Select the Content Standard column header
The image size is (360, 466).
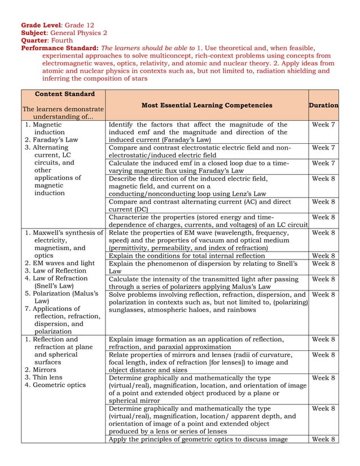pyautogui.click(x=62, y=94)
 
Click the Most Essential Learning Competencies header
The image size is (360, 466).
pyautogui.click(x=207, y=105)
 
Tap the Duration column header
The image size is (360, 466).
pyautogui.click(x=323, y=105)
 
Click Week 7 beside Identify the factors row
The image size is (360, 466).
pyautogui.click(x=323, y=125)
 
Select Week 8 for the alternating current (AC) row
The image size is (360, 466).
pyautogui.click(x=323, y=201)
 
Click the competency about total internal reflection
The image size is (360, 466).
pyautogui.click(x=187, y=256)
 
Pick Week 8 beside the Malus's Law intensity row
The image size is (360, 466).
pyautogui.click(x=323, y=279)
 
